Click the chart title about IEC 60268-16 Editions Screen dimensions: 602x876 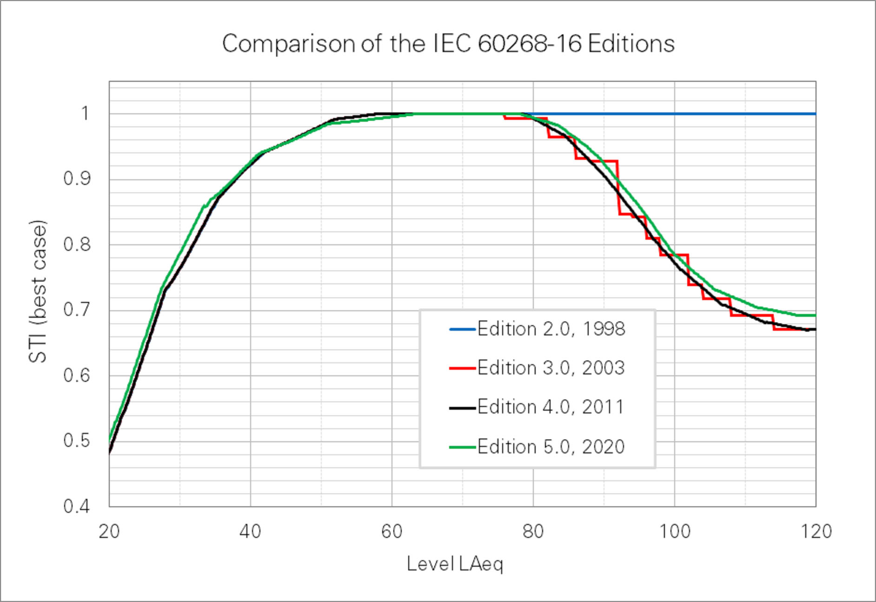(x=448, y=44)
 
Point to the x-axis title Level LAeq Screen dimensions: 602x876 (x=455, y=564)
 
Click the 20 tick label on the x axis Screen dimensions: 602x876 (x=109, y=531)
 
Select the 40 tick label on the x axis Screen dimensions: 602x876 (x=250, y=531)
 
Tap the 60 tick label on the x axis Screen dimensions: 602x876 (x=392, y=531)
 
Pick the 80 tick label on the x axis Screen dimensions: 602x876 (x=533, y=531)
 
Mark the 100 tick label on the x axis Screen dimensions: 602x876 (x=675, y=531)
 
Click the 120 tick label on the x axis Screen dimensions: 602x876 (x=816, y=531)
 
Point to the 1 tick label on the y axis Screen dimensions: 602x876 (x=85, y=113)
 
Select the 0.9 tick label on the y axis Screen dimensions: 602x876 (x=77, y=179)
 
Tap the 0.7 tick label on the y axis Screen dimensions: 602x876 (x=77, y=310)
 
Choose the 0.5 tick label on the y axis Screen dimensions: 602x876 (x=77, y=441)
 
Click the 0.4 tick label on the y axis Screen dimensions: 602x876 (x=77, y=506)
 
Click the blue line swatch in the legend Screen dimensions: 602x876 (x=462, y=329)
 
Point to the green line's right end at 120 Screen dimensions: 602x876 (x=815, y=315)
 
